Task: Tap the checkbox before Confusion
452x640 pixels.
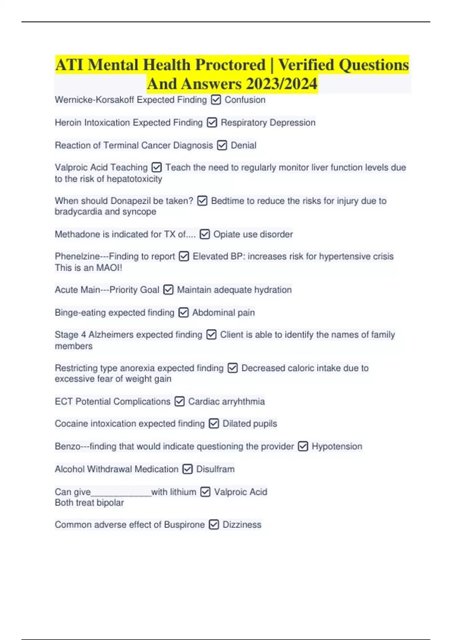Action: (x=216, y=100)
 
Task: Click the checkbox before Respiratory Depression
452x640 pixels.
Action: (x=212, y=123)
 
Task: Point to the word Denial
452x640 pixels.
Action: (x=243, y=145)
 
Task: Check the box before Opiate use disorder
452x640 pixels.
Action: (x=205, y=235)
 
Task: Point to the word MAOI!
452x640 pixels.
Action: (x=109, y=268)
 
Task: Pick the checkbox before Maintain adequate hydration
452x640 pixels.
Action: (x=168, y=290)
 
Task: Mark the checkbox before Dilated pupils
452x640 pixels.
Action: (x=214, y=424)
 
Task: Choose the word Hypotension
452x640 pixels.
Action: (x=337, y=446)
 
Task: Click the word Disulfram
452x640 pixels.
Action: (x=215, y=469)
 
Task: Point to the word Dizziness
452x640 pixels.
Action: (x=242, y=524)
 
